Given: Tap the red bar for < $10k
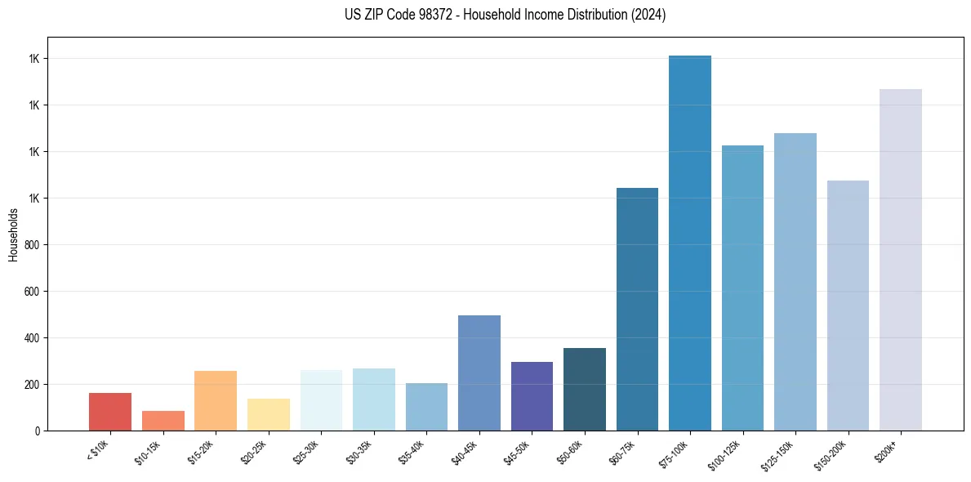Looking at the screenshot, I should [110, 412].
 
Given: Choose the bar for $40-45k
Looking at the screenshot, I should [479, 373].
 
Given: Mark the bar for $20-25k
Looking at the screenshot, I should [268, 414].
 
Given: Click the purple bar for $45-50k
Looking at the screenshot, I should [532, 396].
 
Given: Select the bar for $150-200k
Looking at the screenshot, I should [848, 306].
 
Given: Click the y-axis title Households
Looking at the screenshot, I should [14, 234].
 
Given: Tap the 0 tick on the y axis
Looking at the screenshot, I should [38, 431].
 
